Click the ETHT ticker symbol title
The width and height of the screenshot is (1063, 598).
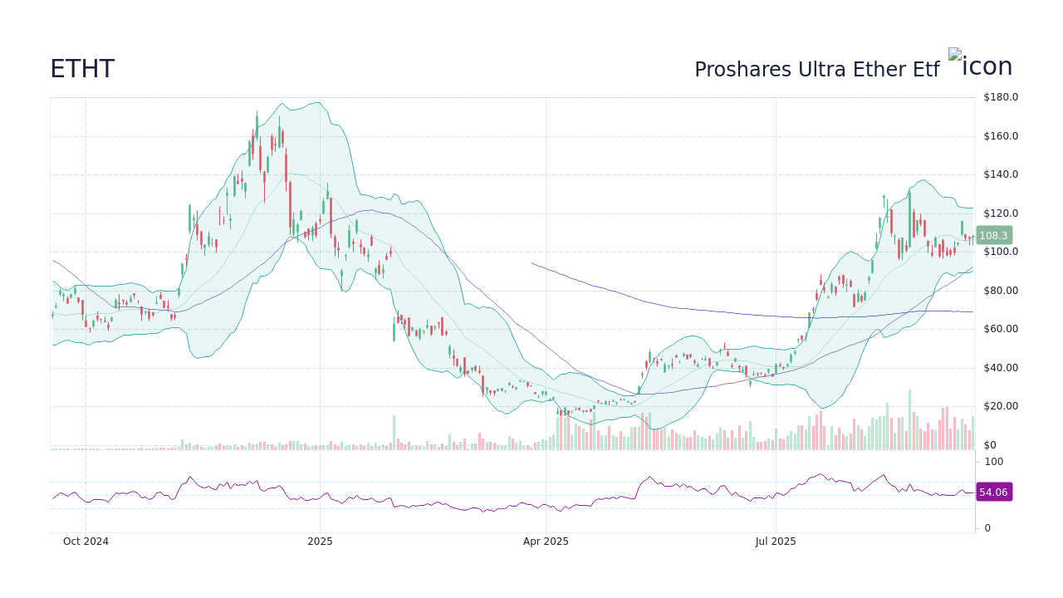[82, 69]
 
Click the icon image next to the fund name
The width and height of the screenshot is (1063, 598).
[980, 66]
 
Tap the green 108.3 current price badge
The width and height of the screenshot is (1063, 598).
[993, 236]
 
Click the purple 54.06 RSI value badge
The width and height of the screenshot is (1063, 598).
[993, 493]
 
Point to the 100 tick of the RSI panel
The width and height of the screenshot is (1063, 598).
[994, 462]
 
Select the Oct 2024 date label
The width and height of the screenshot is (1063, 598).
[86, 542]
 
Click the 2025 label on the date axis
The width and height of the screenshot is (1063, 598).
[320, 542]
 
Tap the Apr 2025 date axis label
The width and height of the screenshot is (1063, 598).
[546, 542]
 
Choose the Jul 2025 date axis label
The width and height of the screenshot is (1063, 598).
[776, 542]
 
